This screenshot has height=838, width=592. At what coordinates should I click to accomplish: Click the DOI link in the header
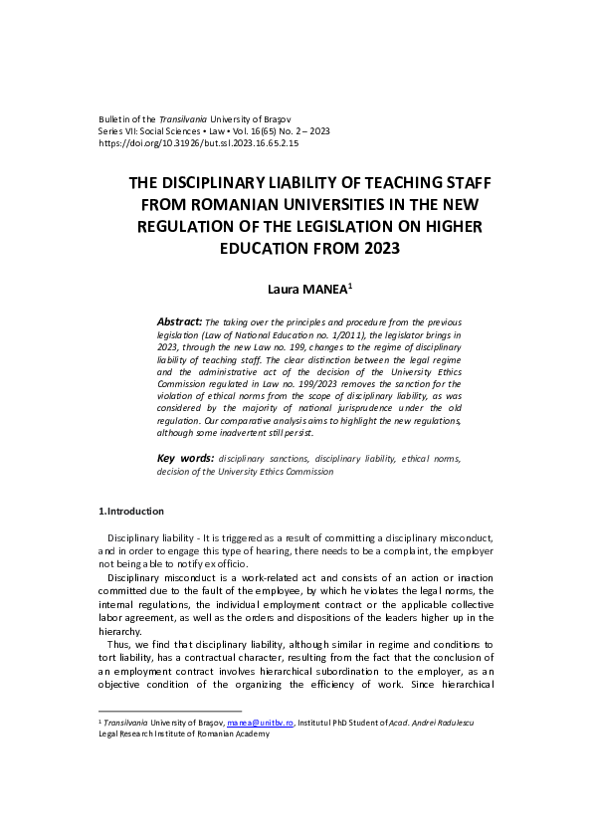click(x=198, y=143)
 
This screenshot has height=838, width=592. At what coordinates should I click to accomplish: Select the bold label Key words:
click(x=186, y=459)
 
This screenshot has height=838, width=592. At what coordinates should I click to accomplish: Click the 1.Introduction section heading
click(x=130, y=512)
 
